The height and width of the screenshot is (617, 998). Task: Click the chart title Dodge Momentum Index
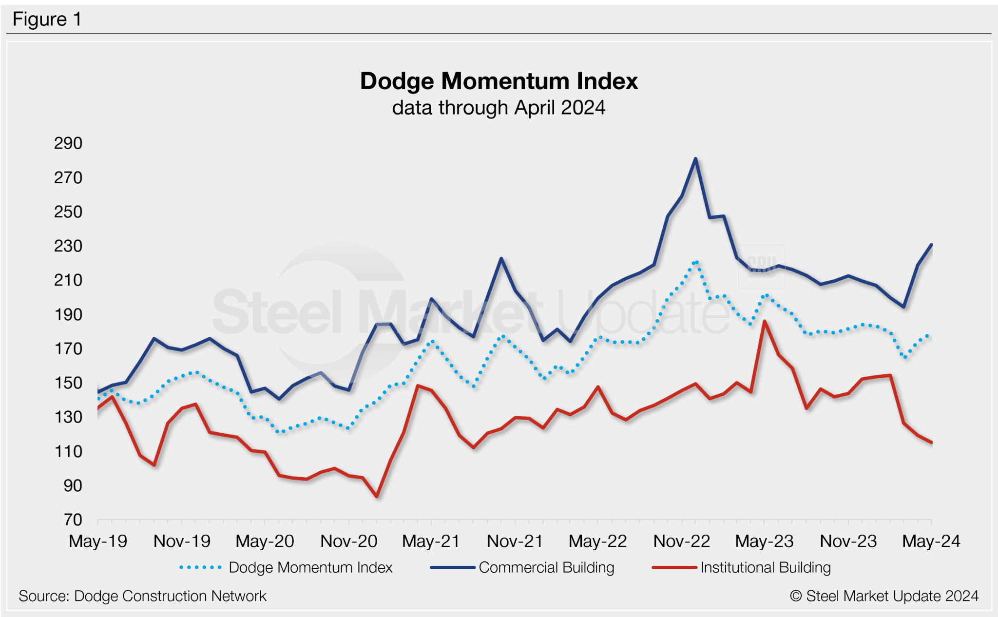[x=499, y=81]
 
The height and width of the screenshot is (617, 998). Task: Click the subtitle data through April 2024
[x=499, y=108]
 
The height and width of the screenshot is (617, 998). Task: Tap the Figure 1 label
[x=47, y=19]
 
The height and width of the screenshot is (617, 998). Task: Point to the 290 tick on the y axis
[x=68, y=143]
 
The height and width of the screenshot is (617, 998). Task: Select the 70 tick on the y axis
[x=73, y=520]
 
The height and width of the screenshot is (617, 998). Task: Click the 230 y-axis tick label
[x=68, y=246]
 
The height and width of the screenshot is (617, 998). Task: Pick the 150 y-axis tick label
[x=68, y=383]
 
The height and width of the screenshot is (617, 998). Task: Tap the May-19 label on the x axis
[x=98, y=541]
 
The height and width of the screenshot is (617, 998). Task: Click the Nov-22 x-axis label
[x=681, y=541]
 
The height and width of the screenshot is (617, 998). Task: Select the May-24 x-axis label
[x=931, y=541]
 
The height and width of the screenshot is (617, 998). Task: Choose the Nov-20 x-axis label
[x=349, y=541]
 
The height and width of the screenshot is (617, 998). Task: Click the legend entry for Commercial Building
[x=546, y=568]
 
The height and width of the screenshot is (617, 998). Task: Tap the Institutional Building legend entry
[x=765, y=568]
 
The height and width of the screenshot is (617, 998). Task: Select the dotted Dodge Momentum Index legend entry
[x=310, y=568]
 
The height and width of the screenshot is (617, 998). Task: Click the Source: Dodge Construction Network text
[x=142, y=596]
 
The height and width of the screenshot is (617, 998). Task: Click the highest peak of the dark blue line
[x=695, y=159]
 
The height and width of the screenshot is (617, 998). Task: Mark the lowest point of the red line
[x=377, y=496]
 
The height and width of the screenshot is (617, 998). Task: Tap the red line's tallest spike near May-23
[x=765, y=321]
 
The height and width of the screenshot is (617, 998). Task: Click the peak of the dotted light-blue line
[x=695, y=262]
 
